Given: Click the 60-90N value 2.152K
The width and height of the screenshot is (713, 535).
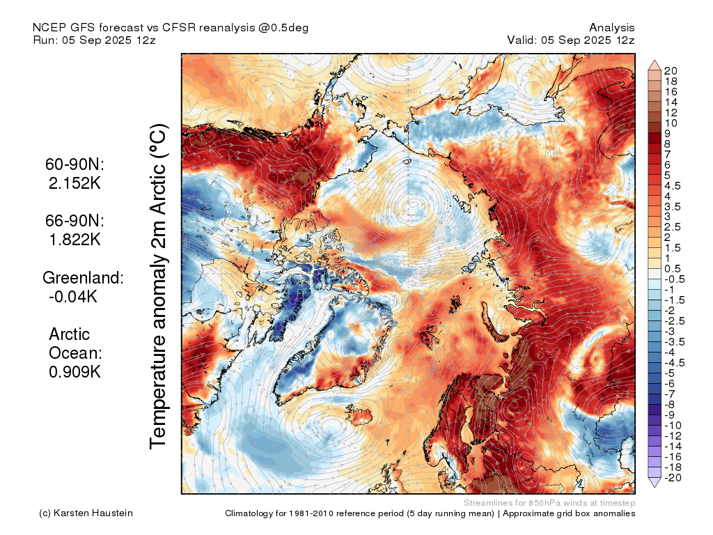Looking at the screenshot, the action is (75, 183).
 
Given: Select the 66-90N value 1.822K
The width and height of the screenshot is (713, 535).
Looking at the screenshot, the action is (75, 240).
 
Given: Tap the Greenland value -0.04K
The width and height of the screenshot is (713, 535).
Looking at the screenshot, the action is (72, 296).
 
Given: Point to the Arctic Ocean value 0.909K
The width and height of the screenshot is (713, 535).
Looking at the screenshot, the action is (75, 372).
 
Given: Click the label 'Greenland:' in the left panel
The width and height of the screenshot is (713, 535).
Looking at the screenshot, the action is (83, 277).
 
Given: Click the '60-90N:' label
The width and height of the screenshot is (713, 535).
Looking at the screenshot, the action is (75, 164).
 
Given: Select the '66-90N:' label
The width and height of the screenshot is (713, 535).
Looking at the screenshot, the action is (75, 221).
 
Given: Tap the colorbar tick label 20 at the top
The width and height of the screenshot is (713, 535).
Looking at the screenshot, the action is (671, 71).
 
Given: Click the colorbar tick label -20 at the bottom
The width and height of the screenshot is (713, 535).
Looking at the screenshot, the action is (673, 478).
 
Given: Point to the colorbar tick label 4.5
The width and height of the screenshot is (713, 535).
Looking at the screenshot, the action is (673, 186).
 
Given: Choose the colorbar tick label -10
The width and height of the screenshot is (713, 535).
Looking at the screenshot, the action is (673, 426).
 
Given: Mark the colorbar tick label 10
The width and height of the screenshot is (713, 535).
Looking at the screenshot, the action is (671, 123).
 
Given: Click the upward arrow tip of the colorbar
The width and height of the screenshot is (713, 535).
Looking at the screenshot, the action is (655, 60).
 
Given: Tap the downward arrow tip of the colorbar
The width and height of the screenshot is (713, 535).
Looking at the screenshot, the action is (655, 488).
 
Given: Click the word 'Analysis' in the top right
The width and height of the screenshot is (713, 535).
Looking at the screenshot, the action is (611, 28).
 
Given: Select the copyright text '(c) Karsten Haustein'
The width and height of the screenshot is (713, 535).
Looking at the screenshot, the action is (86, 513).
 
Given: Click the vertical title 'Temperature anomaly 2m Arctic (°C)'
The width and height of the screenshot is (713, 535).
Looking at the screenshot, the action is (158, 286).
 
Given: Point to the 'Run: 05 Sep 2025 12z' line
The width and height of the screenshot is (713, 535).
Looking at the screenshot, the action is (94, 40).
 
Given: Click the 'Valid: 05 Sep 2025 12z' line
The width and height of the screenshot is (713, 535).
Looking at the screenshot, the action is (571, 40).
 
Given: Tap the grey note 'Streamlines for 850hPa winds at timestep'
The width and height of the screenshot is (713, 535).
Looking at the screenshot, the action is (549, 503).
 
